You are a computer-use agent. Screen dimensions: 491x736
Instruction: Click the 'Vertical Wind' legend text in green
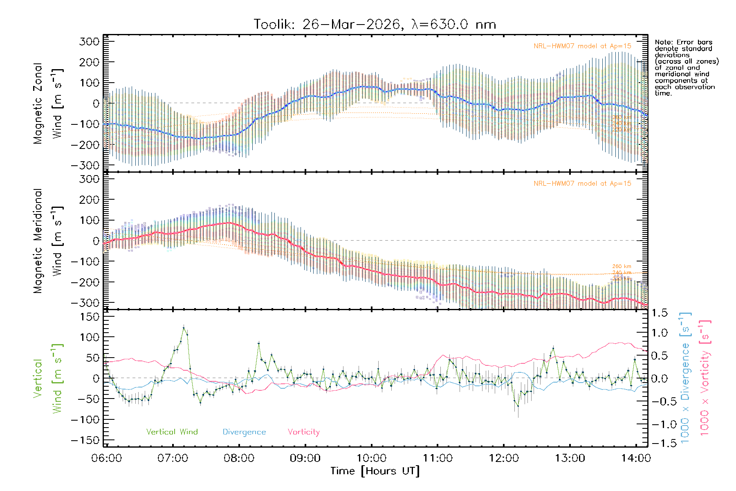172,432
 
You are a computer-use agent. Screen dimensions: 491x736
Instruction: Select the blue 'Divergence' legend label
244,432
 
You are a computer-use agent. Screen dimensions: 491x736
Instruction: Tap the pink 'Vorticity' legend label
303,432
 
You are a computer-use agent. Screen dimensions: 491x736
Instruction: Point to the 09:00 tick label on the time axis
305,458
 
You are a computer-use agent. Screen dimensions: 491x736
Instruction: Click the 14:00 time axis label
635,458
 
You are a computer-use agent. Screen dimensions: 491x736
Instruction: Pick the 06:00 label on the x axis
107,458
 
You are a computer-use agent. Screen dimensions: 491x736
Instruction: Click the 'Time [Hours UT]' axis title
375,471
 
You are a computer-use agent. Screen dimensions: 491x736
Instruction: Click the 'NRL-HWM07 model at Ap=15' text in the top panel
582,46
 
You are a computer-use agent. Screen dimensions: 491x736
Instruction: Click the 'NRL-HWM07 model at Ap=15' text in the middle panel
582,184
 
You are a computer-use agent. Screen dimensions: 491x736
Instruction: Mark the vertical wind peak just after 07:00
184,328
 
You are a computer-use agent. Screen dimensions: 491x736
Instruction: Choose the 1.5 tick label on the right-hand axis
659,313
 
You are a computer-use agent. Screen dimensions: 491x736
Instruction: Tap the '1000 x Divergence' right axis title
685,378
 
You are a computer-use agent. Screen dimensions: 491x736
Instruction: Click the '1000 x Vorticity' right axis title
705,378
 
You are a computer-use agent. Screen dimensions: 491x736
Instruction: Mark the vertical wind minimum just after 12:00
518,406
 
